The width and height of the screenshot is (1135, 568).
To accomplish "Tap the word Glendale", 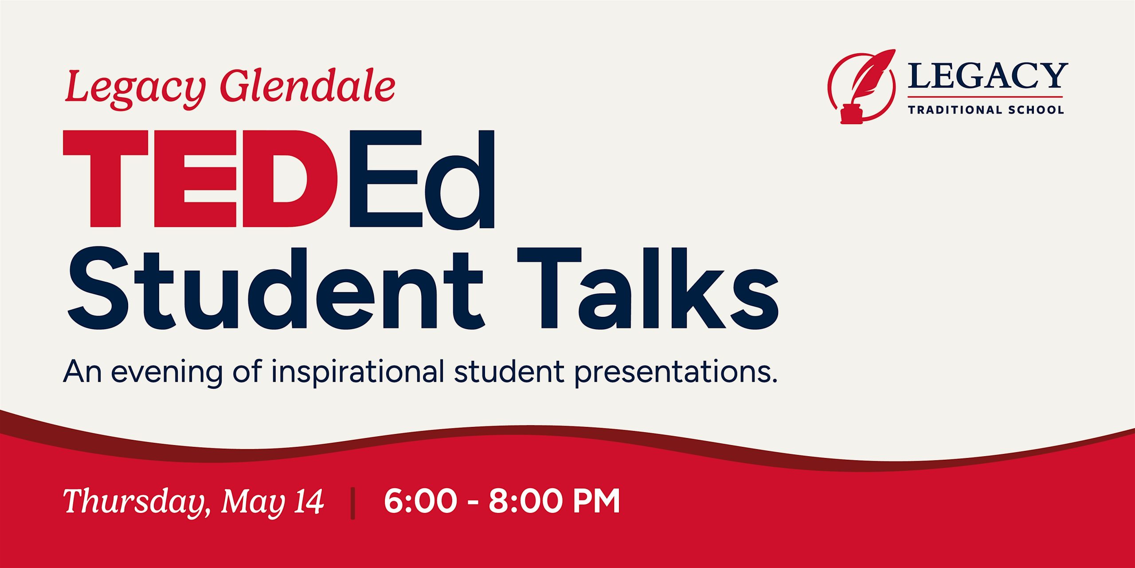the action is pos(307,86).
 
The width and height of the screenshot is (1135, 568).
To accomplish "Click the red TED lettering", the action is pos(200,178).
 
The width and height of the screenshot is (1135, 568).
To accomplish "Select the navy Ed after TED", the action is pos(422,179).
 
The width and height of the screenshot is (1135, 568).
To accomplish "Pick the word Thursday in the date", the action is pos(137,502).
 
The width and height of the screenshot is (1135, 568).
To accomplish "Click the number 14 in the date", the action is pos(308,501).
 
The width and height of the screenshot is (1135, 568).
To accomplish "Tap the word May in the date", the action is pos(253,503).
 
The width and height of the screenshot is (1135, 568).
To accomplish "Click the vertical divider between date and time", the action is pos(353,503).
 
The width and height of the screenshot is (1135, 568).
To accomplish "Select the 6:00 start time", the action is pos(420,501).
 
